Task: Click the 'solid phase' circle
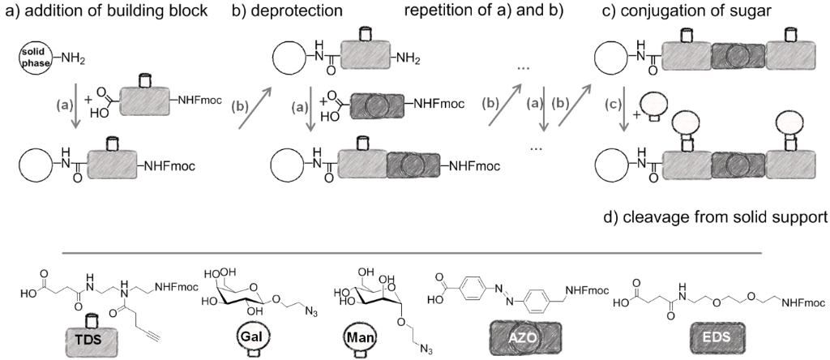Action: (x=29, y=57)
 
